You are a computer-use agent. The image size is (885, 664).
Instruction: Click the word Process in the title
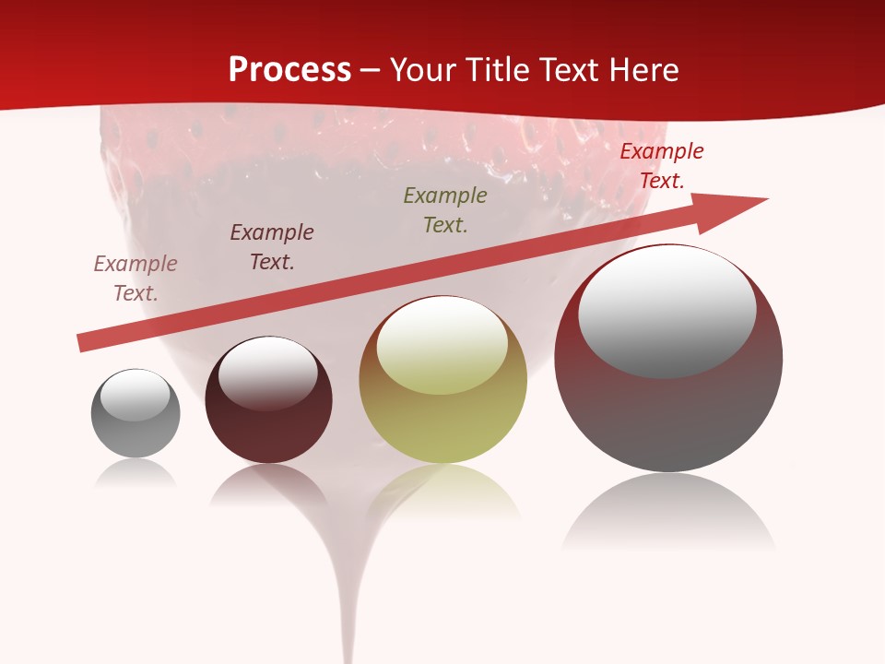289,70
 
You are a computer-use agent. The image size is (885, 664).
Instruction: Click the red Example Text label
661,166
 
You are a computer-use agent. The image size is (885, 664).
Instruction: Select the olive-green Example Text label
445,209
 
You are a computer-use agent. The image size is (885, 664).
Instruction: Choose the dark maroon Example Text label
272,246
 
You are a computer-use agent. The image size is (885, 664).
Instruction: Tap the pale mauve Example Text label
136,278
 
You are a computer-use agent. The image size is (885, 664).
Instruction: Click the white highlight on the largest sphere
667,309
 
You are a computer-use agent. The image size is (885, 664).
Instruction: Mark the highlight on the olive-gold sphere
442,344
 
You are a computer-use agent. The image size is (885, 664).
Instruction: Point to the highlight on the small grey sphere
135,395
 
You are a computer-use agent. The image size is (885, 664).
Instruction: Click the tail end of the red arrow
83,343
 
